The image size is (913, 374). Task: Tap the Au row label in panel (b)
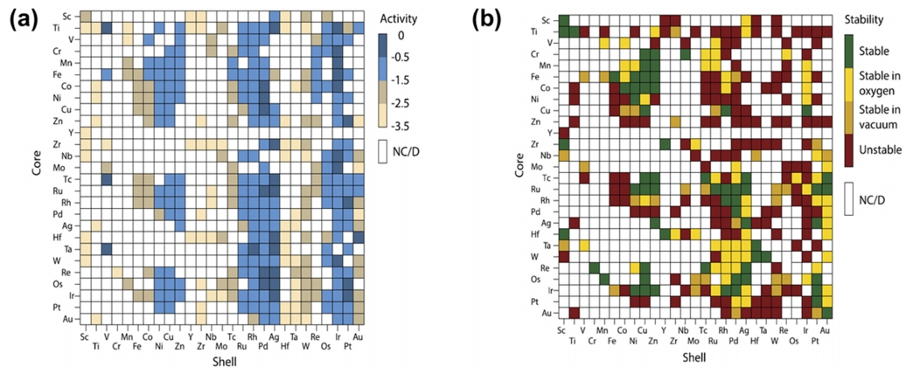pyautogui.click(x=545, y=312)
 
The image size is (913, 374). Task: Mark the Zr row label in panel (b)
pyautogui.click(x=545, y=143)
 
